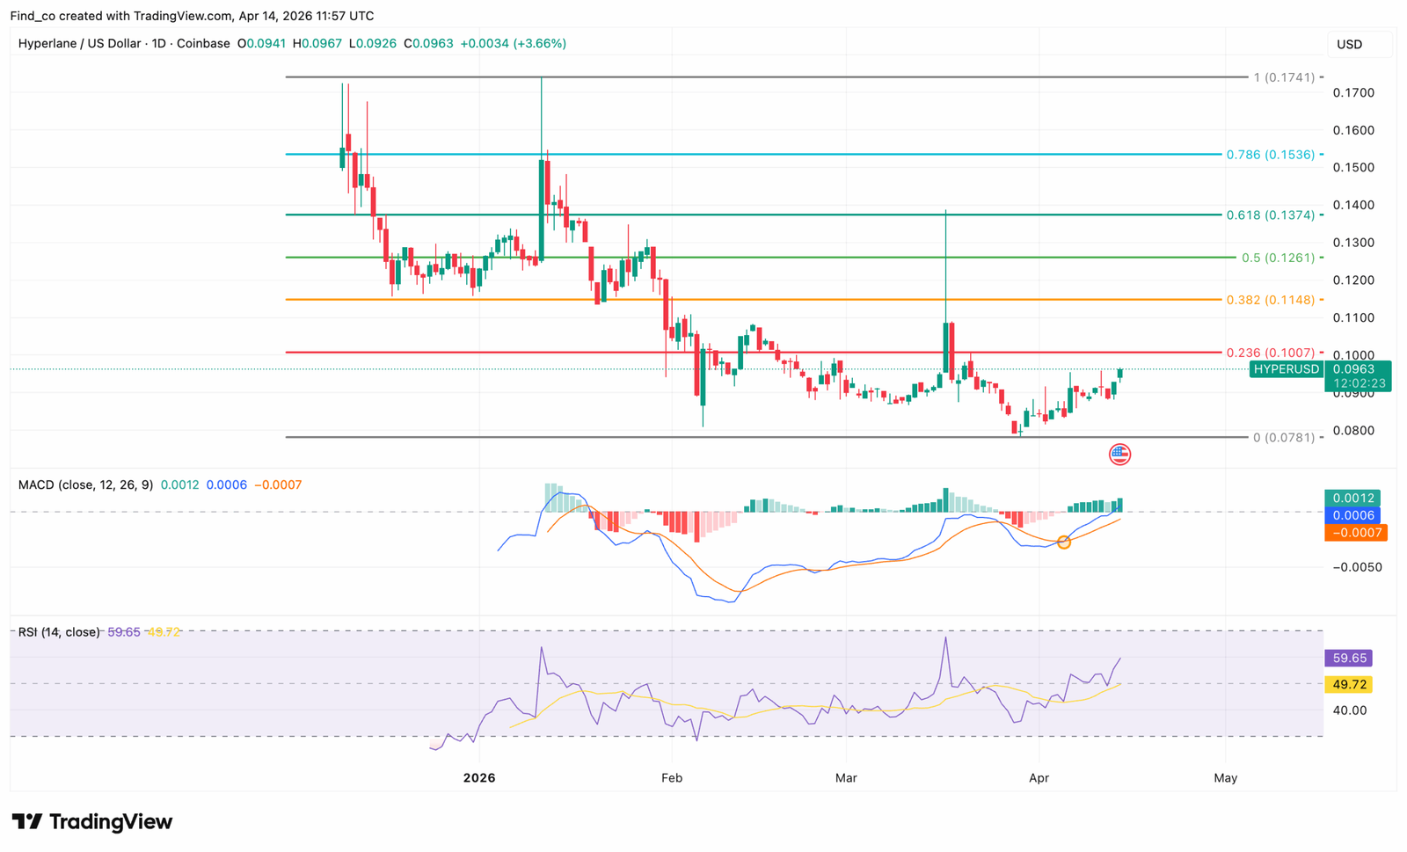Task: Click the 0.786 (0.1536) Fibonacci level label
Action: [x=1270, y=155]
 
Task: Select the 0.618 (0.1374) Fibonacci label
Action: [x=1270, y=215]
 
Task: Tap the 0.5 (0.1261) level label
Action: [x=1278, y=258]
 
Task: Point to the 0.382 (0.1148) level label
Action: [x=1270, y=300]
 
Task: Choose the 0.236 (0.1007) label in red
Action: [x=1270, y=353]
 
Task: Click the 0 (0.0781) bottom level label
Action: [x=1283, y=437]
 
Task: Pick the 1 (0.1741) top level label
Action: [x=1284, y=77]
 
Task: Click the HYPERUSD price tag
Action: [x=1287, y=369]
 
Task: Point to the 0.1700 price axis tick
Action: [x=1353, y=93]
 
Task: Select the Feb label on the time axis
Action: [x=672, y=778]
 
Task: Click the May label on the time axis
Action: [x=1225, y=778]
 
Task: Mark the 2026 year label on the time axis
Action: [x=479, y=778]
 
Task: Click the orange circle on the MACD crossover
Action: [x=1064, y=543]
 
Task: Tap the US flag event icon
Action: [x=1119, y=454]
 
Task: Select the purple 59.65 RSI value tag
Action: [x=1349, y=658]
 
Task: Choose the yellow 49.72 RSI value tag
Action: [x=1349, y=684]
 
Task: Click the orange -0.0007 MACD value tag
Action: [x=1355, y=533]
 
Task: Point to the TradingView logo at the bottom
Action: [x=92, y=822]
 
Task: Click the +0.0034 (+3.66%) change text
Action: [x=513, y=43]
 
